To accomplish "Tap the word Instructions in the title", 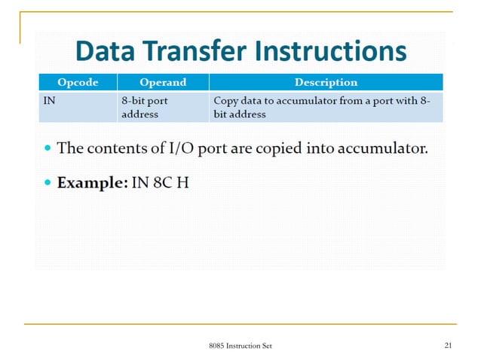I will [332, 51].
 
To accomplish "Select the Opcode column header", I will [78, 82].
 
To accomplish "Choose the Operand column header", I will [163, 82].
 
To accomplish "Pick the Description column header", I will [326, 82].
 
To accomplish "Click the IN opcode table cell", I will [48, 100].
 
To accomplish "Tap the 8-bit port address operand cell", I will [144, 107].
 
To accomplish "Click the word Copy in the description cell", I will [227, 100].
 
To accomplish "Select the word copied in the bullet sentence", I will [276, 148].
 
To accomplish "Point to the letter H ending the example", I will [182, 183].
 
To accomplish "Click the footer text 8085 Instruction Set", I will [240, 346].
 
